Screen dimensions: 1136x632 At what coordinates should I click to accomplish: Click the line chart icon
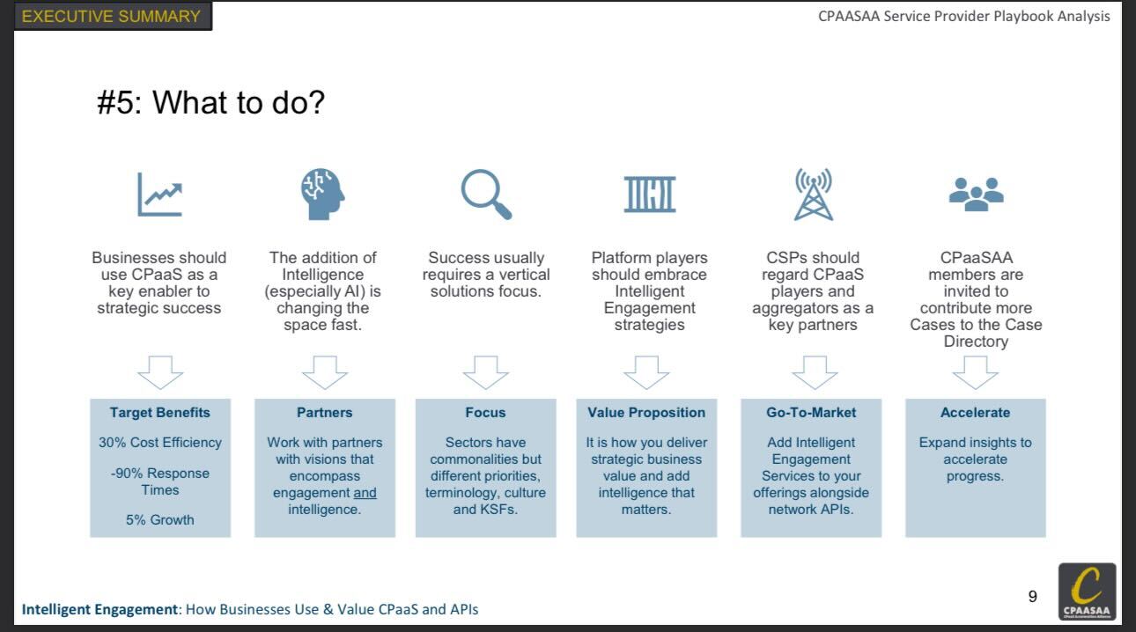tap(159, 195)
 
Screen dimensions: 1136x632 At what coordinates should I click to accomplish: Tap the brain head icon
tap(322, 194)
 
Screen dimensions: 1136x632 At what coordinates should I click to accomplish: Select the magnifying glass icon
tap(486, 195)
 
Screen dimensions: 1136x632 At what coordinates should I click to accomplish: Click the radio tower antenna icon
tap(813, 195)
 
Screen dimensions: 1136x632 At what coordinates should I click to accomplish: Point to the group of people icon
tap(976, 195)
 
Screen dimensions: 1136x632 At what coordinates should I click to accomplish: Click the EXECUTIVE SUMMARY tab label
tap(111, 16)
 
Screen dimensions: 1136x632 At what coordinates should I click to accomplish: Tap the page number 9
tap(1033, 597)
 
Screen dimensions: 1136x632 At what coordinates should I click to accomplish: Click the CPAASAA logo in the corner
tap(1087, 592)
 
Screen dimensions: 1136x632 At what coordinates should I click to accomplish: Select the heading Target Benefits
tap(159, 413)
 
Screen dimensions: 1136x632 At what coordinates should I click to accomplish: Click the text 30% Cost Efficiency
tap(159, 443)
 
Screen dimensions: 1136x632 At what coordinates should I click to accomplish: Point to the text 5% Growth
tap(159, 520)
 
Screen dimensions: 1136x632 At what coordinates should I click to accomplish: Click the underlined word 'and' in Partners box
tap(365, 493)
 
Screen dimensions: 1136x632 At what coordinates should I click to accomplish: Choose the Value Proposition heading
tap(646, 413)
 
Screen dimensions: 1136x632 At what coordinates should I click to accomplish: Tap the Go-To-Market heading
tap(811, 413)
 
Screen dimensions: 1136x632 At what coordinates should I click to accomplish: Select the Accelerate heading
tap(975, 413)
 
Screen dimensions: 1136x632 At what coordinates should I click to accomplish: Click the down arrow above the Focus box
tap(486, 372)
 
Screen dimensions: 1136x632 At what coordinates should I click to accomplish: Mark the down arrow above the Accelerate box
tap(975, 372)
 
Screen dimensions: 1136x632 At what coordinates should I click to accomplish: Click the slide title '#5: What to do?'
tap(210, 102)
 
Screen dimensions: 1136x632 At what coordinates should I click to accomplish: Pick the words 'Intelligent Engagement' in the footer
tap(100, 609)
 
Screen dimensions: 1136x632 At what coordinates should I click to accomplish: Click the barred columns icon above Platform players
tap(650, 195)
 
